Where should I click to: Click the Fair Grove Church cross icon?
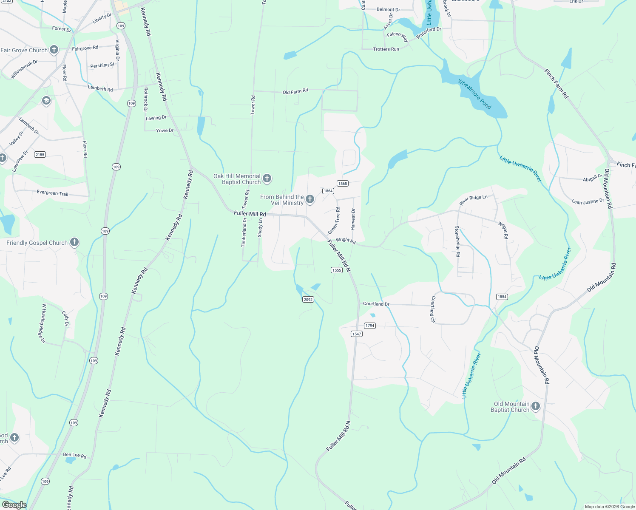coord(54,50)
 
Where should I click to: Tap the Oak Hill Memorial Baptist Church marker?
coord(267,178)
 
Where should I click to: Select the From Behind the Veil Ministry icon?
coord(310,199)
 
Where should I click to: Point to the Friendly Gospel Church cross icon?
coord(74,242)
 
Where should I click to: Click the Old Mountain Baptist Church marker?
coord(536,406)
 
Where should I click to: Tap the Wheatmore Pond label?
coord(475,94)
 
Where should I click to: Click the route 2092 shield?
coord(308,300)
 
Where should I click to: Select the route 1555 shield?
coord(336,270)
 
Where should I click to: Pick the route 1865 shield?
coord(343,184)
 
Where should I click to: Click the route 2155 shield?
coord(40,155)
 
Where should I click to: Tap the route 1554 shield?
coord(502,297)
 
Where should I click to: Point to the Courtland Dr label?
coord(376,304)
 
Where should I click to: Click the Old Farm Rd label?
coord(295,91)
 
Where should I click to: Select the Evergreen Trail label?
coord(52,193)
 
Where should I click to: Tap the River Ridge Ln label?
coord(474,200)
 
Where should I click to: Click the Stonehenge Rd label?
coord(457,241)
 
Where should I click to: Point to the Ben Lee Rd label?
coord(75,455)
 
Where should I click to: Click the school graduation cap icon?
coord(46,101)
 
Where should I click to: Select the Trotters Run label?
coord(386,49)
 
